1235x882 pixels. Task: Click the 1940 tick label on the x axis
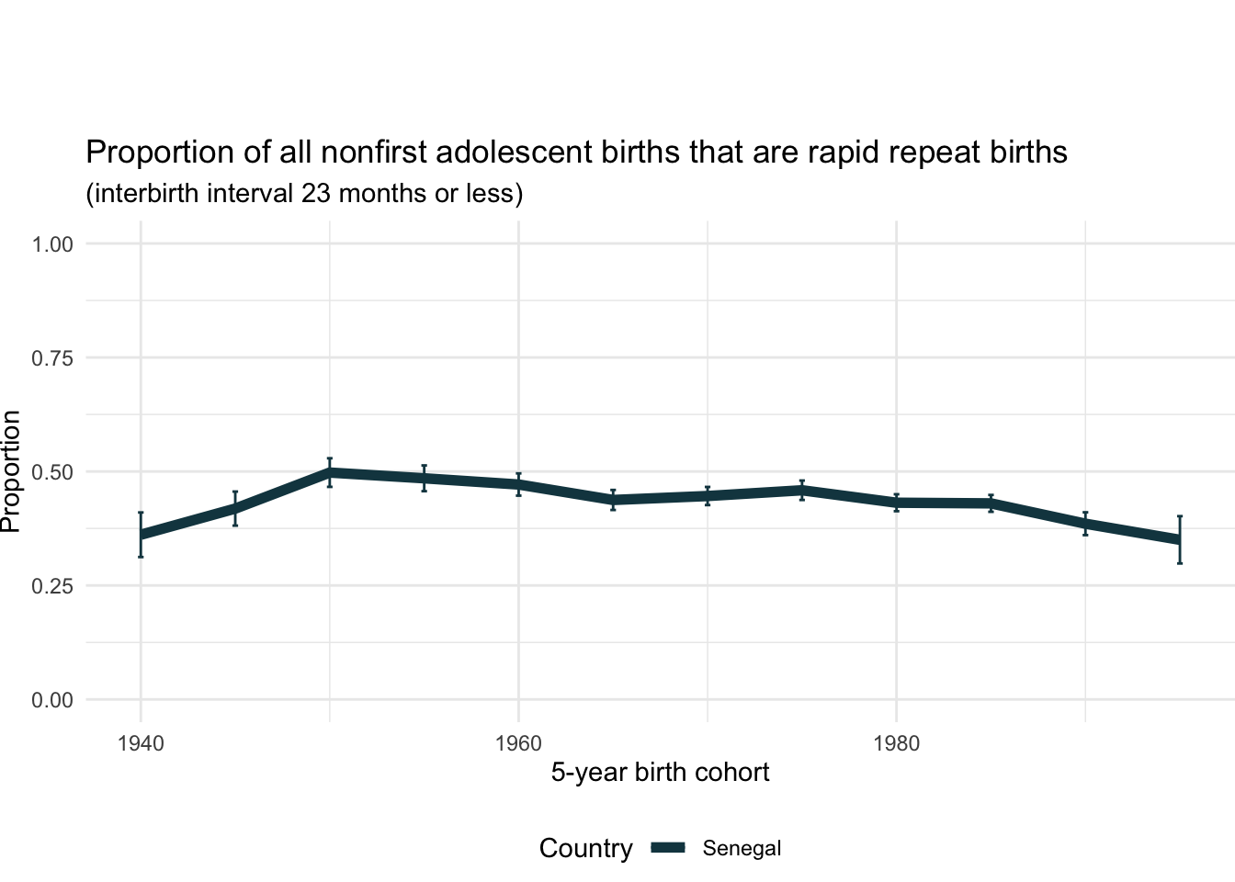coord(141,743)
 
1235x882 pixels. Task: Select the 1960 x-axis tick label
coord(518,743)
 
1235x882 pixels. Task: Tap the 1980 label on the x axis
coord(896,743)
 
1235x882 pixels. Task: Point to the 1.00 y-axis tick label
coord(52,244)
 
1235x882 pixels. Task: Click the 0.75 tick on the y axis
coord(52,358)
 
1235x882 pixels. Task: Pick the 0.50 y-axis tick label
coord(52,472)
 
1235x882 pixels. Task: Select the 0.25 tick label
coord(52,586)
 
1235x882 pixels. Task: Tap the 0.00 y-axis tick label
coord(52,700)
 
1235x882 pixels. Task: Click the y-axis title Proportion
coord(11,471)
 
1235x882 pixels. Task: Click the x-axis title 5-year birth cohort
coord(660,773)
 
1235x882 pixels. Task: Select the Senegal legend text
coord(742,848)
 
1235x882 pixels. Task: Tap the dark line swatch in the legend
coord(669,848)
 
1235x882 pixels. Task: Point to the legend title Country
coord(585,848)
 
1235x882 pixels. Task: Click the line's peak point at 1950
coord(330,472)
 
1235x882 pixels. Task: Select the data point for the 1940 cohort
coord(141,535)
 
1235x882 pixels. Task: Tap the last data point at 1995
coord(1179,540)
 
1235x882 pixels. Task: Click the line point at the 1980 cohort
coord(896,503)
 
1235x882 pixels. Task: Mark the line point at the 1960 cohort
coord(518,484)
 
